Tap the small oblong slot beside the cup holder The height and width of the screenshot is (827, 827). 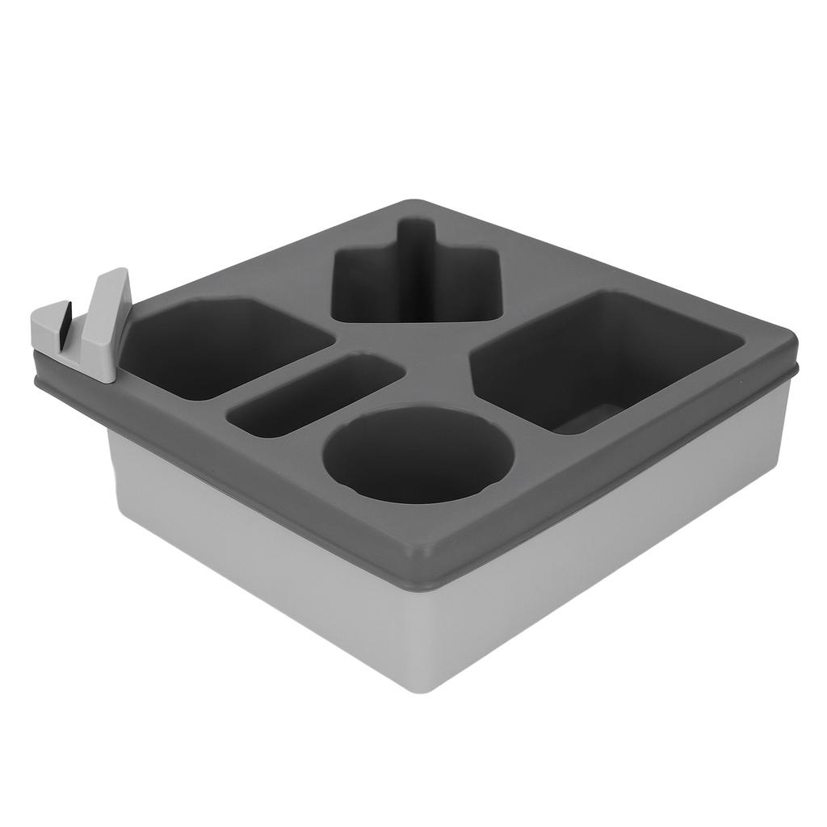314,395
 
